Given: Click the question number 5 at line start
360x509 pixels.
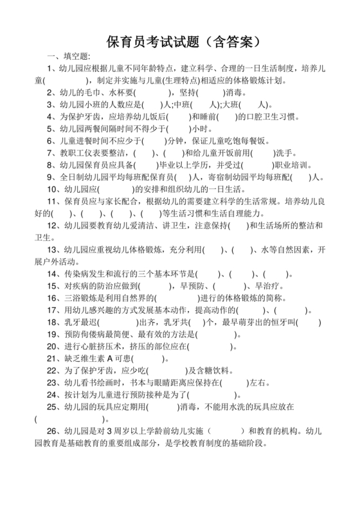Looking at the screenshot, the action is [x=50, y=128].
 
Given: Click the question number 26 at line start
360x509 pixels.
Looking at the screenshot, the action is [x=53, y=432].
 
